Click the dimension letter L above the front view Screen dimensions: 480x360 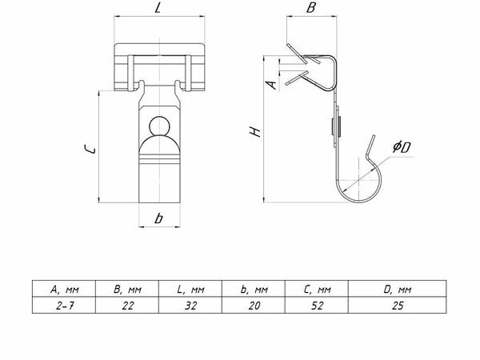pyautogui.click(x=158, y=8)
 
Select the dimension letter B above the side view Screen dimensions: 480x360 pyautogui.click(x=310, y=8)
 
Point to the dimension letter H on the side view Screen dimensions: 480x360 pyautogui.click(x=255, y=132)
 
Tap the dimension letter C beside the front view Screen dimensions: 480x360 pyautogui.click(x=90, y=149)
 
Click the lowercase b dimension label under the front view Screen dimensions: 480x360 pyautogui.click(x=158, y=218)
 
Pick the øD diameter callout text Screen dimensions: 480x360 pyautogui.click(x=402, y=147)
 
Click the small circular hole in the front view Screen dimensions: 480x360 pyautogui.click(x=159, y=126)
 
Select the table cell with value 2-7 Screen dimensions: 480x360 pyautogui.click(x=64, y=306)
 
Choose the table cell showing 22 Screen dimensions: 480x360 pyautogui.click(x=127, y=306)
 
